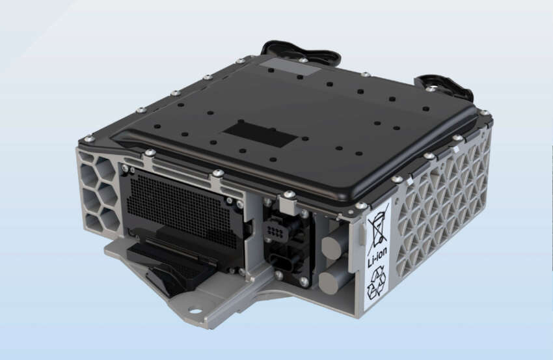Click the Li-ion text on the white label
tap(377, 257)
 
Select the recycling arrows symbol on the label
tap(377, 283)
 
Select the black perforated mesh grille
tap(181, 208)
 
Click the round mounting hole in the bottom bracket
tap(195, 311)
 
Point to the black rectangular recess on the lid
tap(260, 135)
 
